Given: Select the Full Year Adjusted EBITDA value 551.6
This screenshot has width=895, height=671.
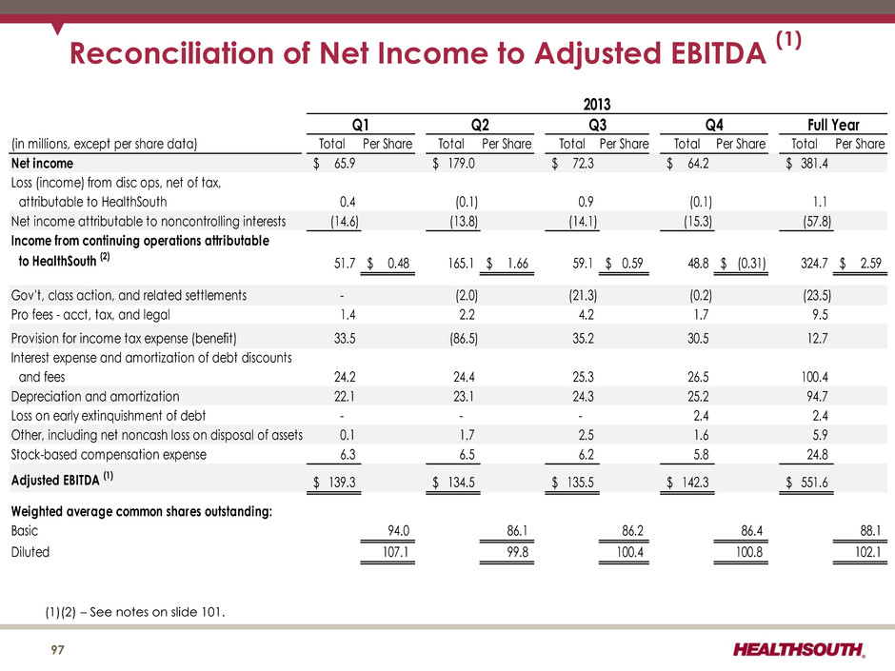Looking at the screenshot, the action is tap(814, 483).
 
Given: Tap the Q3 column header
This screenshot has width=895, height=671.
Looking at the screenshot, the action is tap(597, 125).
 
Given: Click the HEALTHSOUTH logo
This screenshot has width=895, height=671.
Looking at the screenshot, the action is tap(799, 649).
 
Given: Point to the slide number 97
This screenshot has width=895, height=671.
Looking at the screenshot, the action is tap(58, 650).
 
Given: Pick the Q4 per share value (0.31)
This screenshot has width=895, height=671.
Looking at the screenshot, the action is tap(752, 263).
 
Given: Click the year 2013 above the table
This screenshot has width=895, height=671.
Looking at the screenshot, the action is tap(597, 105).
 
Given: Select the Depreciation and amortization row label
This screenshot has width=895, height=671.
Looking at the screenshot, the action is tap(95, 397).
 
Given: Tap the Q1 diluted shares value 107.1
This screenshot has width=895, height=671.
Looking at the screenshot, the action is tap(395, 552).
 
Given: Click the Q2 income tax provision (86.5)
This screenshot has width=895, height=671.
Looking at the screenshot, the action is tap(464, 338).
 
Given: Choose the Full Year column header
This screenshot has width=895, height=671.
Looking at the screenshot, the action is tap(833, 125).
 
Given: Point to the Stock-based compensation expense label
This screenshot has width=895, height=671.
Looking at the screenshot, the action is tap(109, 455).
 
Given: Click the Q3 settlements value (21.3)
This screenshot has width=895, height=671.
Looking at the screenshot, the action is tap(583, 296).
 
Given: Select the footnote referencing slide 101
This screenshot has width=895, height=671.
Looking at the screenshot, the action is tap(135, 612).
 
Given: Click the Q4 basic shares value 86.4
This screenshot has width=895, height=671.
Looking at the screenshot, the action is tap(752, 531).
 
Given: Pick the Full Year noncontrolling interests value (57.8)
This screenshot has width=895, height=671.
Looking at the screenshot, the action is tap(817, 222).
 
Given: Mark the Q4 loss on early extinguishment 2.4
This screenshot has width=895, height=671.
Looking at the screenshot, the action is tap(701, 416).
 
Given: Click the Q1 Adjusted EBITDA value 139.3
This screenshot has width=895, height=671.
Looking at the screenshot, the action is tap(342, 483).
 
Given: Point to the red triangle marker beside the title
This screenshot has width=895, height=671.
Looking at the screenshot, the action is tap(57, 29).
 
